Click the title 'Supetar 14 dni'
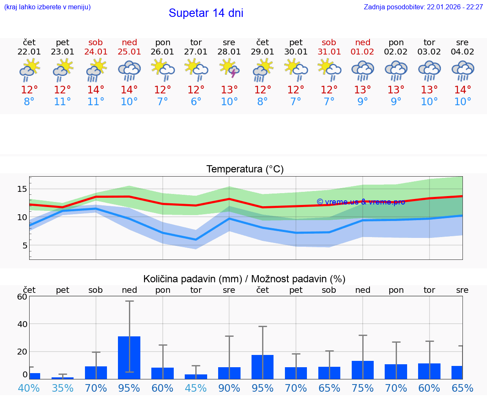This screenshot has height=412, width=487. coord(206,13)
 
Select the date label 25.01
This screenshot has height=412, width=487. coord(129,52)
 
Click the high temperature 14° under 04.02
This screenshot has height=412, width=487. coord(462,90)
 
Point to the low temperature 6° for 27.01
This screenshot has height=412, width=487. coord(196,102)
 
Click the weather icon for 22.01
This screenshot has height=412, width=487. coord(29,70)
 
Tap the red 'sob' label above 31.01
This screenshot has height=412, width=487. coord(329,42)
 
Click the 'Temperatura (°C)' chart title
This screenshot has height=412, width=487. coord(245,169)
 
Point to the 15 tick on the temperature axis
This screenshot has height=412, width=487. coord(22,189)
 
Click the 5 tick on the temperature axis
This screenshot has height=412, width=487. coord(25,246)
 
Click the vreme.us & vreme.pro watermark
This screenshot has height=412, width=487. coord(361,202)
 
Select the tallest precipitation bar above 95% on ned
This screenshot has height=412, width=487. coord(129,357)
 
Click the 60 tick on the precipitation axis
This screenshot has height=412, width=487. coord(22,297)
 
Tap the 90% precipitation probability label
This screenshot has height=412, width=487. coord(229,388)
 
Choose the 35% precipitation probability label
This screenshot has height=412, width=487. coord(63,388)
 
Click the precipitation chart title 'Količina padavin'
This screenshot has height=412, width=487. coord(244,279)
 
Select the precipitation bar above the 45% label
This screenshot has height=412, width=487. coord(196,377)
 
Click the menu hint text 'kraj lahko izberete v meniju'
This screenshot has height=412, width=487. coord(47,7)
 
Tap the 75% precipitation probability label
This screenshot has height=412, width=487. coord(362,388)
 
